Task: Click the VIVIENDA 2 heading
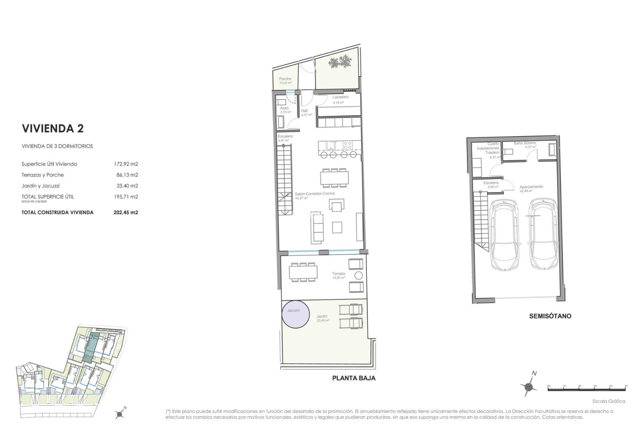(53, 129)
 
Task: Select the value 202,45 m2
(126, 212)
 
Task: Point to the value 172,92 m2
(126, 164)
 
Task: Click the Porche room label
(285, 79)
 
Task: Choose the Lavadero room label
(340, 97)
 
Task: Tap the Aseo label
(284, 108)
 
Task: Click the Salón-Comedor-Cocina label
(310, 194)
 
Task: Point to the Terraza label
(338, 274)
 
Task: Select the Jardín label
(322, 316)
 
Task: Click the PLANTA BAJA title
(354, 378)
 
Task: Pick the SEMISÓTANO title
(550, 316)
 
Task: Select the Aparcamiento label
(531, 187)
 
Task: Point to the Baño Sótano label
(524, 143)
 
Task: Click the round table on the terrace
(359, 276)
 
